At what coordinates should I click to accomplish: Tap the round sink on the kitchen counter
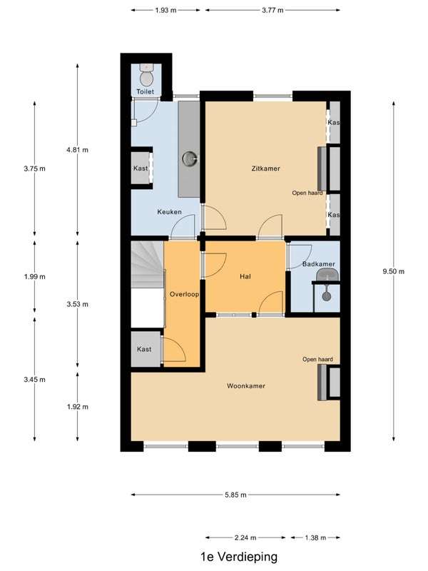click(190, 159)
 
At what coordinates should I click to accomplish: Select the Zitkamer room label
click(265, 168)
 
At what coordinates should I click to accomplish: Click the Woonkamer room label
click(246, 386)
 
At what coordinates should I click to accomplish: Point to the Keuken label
click(169, 212)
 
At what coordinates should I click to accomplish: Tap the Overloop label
click(185, 294)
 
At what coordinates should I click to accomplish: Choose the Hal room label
click(245, 277)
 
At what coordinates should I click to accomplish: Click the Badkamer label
click(319, 264)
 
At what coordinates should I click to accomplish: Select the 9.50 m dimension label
click(394, 271)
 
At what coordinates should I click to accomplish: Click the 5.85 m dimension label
click(236, 495)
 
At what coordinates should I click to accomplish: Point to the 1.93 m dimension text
click(165, 10)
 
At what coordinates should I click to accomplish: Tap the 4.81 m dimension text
click(77, 150)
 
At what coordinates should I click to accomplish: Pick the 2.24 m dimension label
click(245, 537)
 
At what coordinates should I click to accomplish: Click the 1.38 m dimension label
click(315, 537)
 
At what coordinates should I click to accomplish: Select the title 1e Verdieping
click(239, 557)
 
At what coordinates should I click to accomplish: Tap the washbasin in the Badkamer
click(327, 275)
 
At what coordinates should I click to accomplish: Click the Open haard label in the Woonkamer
click(317, 360)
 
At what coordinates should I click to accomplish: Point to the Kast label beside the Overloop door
click(144, 349)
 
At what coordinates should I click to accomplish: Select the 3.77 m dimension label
click(272, 10)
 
